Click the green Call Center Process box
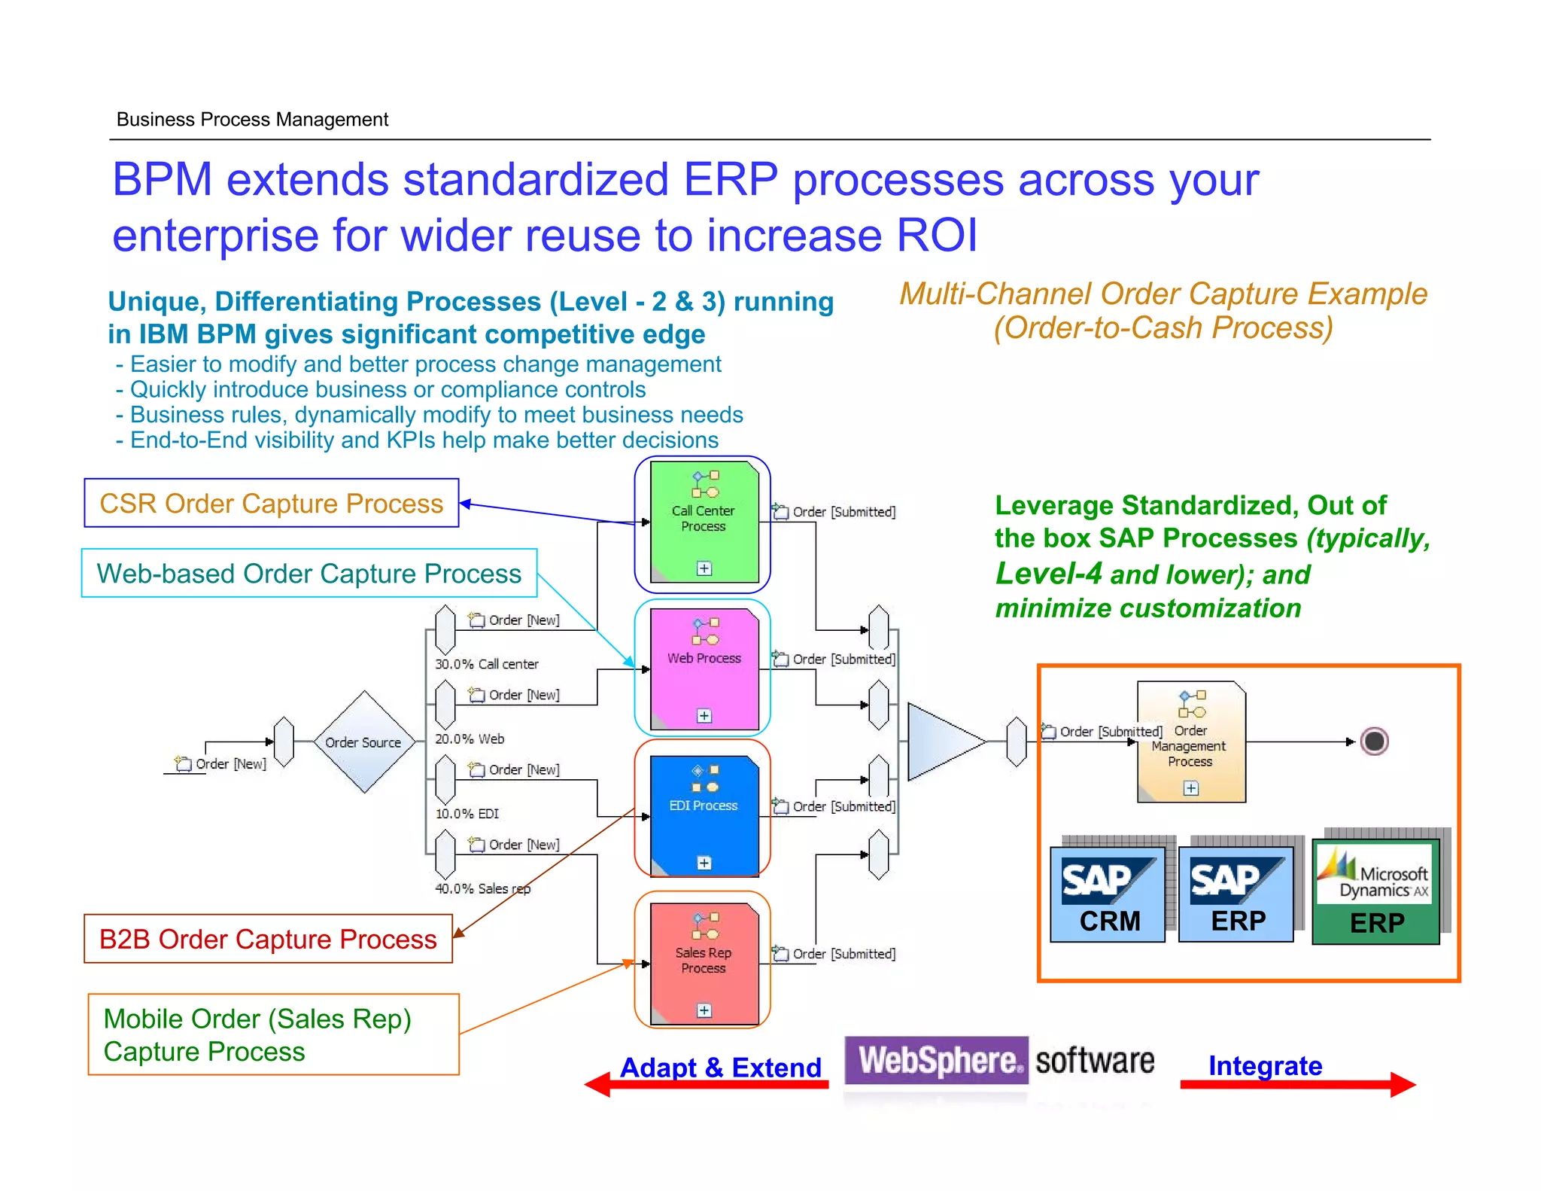[x=704, y=522]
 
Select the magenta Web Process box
[x=704, y=669]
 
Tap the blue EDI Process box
[x=704, y=815]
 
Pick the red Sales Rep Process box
[x=704, y=963]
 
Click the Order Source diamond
[x=364, y=742]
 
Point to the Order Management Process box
[x=1190, y=742]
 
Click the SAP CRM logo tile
[x=1108, y=894]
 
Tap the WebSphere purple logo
[x=936, y=1060]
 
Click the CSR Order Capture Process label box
[x=271, y=503]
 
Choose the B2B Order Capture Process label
[x=268, y=939]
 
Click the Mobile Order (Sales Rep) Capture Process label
[x=272, y=1034]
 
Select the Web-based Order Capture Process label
[x=309, y=573]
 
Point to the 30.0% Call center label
[x=486, y=664]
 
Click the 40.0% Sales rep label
[x=482, y=888]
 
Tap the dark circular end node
[x=1374, y=742]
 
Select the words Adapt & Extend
[x=720, y=1067]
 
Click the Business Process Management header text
[x=252, y=120]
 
